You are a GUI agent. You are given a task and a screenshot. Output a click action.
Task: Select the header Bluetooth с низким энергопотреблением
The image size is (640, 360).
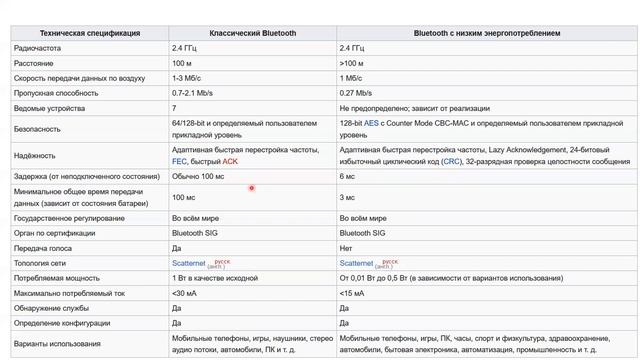point(487,33)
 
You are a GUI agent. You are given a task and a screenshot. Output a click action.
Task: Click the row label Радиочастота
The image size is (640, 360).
point(37,48)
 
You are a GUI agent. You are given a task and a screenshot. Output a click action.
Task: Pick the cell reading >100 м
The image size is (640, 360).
point(353,63)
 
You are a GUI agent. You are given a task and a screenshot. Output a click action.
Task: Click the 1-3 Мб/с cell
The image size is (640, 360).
point(187,78)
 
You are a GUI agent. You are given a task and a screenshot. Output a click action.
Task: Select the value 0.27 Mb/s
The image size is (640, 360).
point(357,93)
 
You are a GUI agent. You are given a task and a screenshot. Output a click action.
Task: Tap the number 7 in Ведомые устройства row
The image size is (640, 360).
point(174,108)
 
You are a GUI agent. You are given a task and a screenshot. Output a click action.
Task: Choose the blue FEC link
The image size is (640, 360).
point(180,161)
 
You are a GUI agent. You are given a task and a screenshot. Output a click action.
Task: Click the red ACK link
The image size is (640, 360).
point(230,161)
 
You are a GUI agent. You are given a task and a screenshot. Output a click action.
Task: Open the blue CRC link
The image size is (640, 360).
point(452,161)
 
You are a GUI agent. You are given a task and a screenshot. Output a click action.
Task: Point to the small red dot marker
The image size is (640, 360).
point(252,188)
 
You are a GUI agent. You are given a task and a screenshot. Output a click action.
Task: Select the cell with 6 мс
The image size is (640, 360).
point(347,176)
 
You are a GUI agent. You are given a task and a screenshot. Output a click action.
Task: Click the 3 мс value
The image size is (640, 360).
point(347,198)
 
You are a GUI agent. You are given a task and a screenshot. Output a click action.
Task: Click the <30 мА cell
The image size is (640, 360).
point(185,294)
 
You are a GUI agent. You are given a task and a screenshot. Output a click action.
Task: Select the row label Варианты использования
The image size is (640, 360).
point(58,345)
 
